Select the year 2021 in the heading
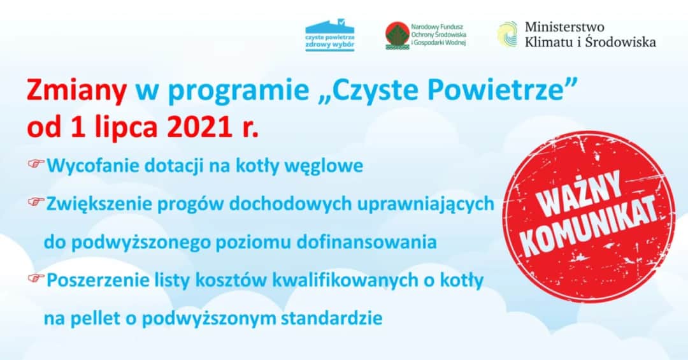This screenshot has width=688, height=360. pyautogui.click(x=199, y=127)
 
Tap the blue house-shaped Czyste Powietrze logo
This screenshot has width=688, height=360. pyautogui.click(x=329, y=34)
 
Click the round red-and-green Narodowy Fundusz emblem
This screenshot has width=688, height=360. pyautogui.click(x=398, y=35)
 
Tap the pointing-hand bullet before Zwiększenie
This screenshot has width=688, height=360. pyautogui.click(x=36, y=203)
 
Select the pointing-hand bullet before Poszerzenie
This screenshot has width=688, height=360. pyautogui.click(x=36, y=278)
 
